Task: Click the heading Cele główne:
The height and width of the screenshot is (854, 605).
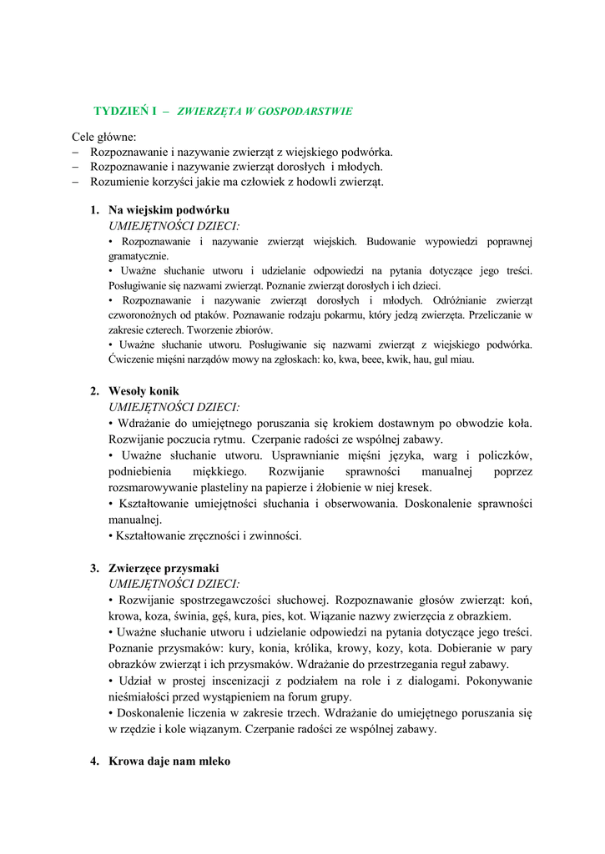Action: [x=103, y=137]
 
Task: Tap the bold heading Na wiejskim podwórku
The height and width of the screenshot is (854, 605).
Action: [x=169, y=210]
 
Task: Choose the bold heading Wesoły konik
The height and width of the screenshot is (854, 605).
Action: [x=144, y=391]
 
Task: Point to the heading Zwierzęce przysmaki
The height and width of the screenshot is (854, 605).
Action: [x=164, y=568]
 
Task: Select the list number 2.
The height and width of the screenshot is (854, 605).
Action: [x=95, y=391]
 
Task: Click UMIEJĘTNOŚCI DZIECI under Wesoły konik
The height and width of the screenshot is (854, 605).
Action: [x=174, y=407]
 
